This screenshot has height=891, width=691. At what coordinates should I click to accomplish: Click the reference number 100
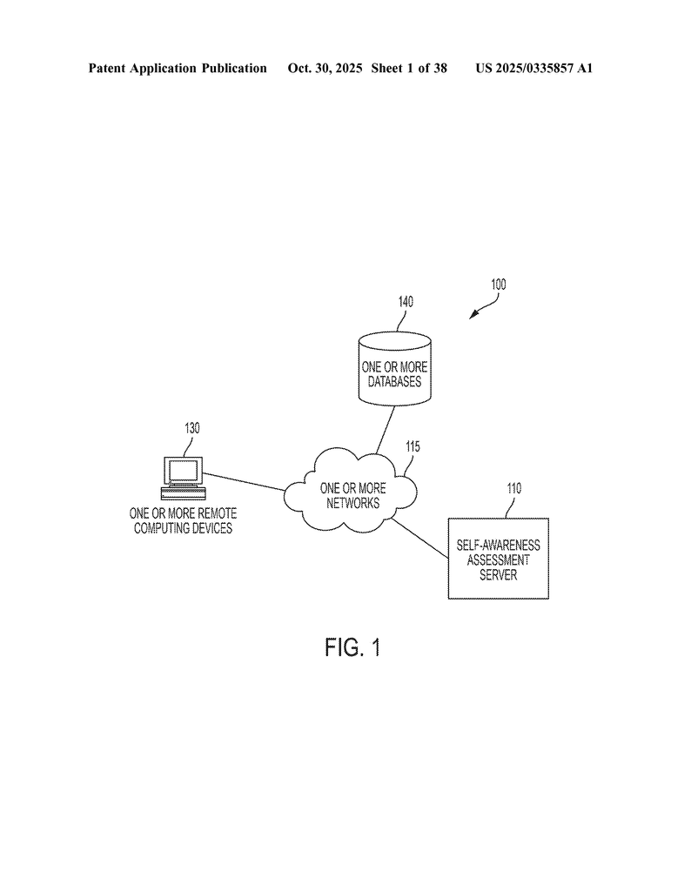[498, 285]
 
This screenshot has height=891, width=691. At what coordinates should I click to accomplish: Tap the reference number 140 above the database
[406, 302]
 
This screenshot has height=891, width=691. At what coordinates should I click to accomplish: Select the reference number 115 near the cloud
[413, 446]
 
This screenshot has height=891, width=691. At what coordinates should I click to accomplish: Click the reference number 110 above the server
[513, 488]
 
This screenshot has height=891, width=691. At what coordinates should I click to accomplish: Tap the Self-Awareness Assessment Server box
[499, 559]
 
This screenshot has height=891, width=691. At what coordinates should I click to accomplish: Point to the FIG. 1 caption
[352, 647]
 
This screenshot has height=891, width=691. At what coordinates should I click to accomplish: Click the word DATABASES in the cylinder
[394, 382]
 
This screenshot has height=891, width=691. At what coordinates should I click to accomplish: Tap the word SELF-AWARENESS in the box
[499, 545]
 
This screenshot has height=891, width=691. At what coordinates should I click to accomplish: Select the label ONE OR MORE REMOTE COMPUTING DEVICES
[183, 520]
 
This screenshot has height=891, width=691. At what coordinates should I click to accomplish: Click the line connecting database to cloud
[386, 429]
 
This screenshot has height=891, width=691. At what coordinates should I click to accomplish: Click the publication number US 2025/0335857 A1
[533, 68]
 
